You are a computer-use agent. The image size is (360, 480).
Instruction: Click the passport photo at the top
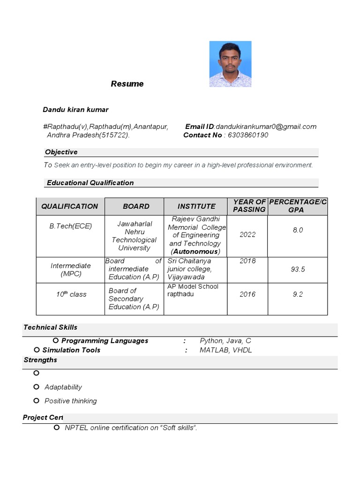(230, 64)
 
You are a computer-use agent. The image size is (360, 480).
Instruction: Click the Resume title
(127, 84)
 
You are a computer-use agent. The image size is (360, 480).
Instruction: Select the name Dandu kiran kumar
(75, 110)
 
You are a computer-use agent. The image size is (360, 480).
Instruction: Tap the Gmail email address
(266, 127)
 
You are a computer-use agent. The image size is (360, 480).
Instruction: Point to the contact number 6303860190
(248, 135)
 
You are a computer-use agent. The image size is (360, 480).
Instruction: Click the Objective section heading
(61, 152)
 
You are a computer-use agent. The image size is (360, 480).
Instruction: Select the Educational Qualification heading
(90, 183)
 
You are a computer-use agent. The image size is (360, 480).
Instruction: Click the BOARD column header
(136, 206)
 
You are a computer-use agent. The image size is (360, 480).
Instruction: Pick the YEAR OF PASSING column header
(249, 206)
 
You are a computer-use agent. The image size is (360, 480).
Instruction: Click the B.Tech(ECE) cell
(71, 226)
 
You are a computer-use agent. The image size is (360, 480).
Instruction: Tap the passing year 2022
(247, 234)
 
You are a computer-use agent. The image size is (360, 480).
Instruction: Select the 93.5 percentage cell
(298, 269)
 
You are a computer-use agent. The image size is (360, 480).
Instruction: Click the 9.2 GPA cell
(298, 294)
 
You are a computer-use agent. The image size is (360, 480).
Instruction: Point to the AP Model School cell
(193, 290)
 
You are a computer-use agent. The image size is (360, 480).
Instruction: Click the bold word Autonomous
(195, 252)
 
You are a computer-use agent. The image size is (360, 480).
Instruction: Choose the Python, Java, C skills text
(225, 341)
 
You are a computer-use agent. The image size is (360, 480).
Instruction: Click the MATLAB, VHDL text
(225, 350)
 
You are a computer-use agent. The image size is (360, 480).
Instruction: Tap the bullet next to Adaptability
(37, 387)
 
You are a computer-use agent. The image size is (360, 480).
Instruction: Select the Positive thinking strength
(71, 401)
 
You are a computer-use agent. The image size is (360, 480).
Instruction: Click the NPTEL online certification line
(131, 427)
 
